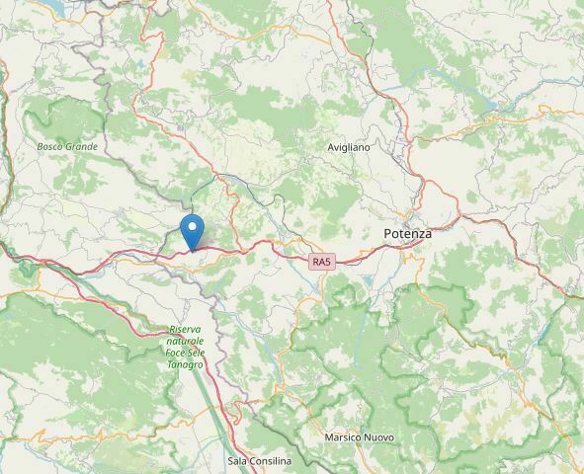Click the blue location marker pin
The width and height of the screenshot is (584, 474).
[x=194, y=232]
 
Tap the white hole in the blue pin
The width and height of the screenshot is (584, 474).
[x=194, y=227]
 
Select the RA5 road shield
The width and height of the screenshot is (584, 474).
[x=321, y=261]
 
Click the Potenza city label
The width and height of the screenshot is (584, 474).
[x=407, y=234]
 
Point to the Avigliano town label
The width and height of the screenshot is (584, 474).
[x=348, y=147]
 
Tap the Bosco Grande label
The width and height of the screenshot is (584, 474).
[x=67, y=147]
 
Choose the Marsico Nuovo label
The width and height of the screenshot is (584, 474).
[x=359, y=437]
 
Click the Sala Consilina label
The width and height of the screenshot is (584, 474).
[x=259, y=461]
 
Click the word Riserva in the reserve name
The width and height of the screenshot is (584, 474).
[x=185, y=329]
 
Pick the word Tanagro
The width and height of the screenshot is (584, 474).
[x=185, y=364]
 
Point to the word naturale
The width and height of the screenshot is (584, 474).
[x=185, y=341]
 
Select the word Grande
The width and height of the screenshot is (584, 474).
[x=82, y=147]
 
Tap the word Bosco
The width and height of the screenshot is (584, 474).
[x=51, y=147]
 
